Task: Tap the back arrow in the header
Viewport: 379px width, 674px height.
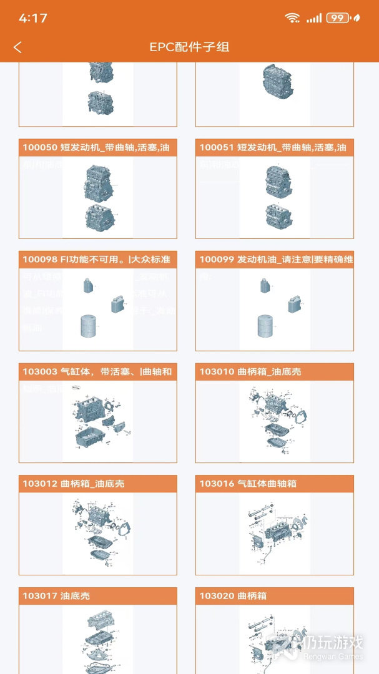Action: point(17,47)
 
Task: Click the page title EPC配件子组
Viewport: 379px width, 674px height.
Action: point(189,47)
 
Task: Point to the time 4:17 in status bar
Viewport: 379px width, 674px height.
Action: point(33,18)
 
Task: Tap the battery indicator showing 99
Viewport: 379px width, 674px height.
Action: point(338,18)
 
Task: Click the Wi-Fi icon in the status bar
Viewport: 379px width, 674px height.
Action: point(292,18)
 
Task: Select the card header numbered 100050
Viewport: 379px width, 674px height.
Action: point(97,148)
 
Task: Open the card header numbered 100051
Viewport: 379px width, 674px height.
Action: point(274,148)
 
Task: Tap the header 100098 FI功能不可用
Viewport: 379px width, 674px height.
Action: point(97,260)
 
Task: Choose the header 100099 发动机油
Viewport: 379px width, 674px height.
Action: point(274,260)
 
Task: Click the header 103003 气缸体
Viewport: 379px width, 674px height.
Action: point(97,372)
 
